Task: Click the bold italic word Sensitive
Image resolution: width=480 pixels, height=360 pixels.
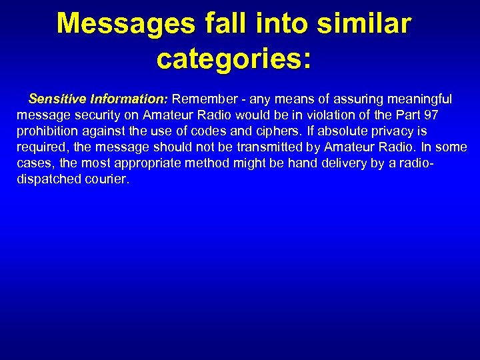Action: click(55, 99)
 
